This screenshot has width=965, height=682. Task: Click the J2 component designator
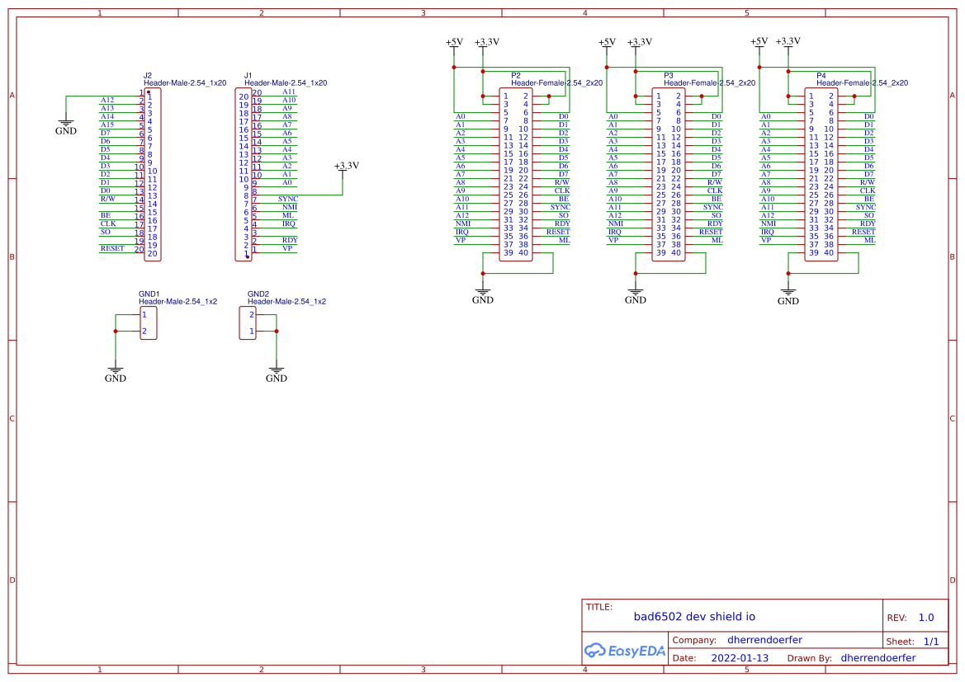click(148, 75)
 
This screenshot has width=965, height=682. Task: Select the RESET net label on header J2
click(112, 248)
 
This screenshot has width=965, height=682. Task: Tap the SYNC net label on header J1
click(288, 199)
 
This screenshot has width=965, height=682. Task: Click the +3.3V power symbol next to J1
click(347, 166)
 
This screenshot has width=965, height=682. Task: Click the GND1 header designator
click(149, 294)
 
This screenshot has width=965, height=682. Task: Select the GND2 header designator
click(258, 294)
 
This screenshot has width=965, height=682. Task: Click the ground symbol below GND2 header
click(277, 374)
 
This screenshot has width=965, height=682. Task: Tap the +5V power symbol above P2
click(454, 43)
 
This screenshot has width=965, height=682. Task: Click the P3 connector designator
click(669, 75)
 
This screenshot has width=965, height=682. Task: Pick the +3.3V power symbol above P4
click(788, 42)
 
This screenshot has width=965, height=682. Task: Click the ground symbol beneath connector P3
click(636, 295)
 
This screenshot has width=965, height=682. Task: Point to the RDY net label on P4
click(868, 223)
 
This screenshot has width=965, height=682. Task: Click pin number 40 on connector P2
click(523, 252)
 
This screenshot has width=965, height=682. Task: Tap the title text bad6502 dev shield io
click(694, 616)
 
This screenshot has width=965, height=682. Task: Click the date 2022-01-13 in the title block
click(740, 658)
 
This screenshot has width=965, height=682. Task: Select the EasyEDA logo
click(625, 651)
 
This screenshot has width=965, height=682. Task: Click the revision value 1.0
click(926, 618)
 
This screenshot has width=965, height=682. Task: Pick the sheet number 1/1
click(930, 642)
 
